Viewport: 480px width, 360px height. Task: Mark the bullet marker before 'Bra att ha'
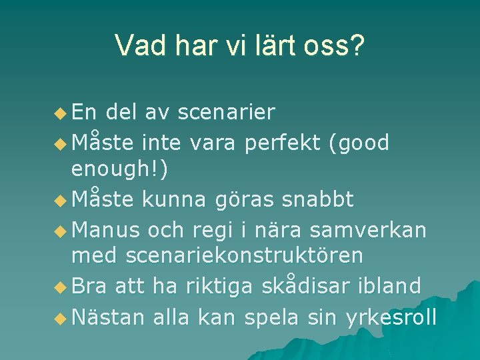click(61, 287)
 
